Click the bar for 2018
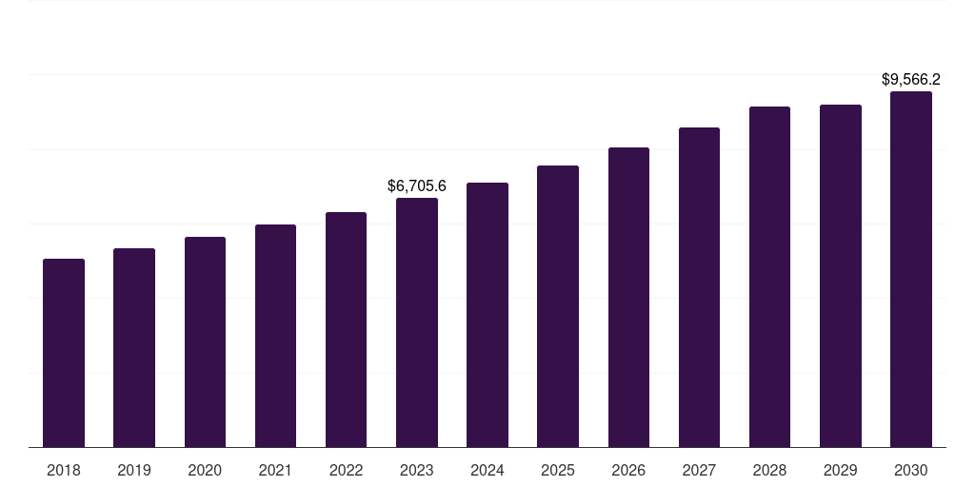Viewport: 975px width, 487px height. click(64, 353)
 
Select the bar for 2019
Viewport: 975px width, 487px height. click(134, 347)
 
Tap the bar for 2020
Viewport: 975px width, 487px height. click(205, 341)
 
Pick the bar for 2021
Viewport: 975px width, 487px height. click(275, 336)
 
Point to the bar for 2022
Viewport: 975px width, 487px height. click(346, 329)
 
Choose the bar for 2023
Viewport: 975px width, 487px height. click(417, 322)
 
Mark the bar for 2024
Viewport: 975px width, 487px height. click(487, 315)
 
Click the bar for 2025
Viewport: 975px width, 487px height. click(558, 306)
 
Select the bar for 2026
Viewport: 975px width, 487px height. click(628, 297)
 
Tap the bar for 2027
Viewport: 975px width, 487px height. click(699, 287)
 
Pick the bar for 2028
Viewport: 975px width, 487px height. click(769, 277)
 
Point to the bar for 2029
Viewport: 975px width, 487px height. click(841, 276)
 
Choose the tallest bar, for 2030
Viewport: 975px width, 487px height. click(911, 269)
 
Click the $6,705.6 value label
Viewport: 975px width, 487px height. click(417, 186)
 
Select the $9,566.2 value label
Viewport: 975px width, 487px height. click(911, 80)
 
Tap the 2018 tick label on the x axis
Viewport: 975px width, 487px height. click(64, 470)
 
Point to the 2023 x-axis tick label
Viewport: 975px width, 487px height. click(417, 470)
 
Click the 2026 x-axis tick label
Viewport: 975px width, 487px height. click(628, 470)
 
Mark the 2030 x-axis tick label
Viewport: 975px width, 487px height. click(911, 470)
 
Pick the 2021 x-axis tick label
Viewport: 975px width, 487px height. click(275, 470)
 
